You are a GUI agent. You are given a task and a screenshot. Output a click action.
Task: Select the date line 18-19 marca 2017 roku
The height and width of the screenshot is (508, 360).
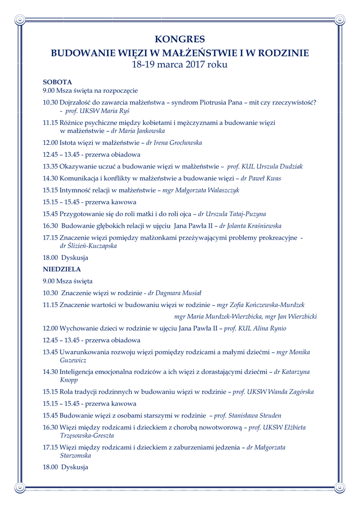(x=180, y=64)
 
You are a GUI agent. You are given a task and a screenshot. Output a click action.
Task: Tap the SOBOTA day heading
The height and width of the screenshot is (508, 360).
(x=58, y=82)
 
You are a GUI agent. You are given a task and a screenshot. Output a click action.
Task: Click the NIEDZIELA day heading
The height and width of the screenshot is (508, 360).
(x=62, y=269)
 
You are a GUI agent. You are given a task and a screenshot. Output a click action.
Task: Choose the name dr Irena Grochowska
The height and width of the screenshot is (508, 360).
(x=174, y=143)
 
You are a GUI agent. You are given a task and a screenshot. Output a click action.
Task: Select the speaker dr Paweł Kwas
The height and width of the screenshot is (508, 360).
(x=261, y=179)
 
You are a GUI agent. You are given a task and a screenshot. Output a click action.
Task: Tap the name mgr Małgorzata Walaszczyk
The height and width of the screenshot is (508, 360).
(x=201, y=190)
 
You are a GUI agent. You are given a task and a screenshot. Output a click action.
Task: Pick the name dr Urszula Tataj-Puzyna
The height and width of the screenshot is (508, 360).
(x=232, y=214)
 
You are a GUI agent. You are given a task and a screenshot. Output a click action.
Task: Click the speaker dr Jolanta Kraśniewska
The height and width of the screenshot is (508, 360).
(x=250, y=226)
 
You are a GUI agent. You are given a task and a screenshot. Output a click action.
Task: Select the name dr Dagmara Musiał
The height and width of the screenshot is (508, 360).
(x=174, y=293)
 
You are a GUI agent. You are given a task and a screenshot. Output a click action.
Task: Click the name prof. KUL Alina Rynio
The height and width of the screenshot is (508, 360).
(x=255, y=328)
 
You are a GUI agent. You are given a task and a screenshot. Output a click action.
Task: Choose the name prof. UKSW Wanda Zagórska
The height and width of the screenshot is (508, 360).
(x=273, y=392)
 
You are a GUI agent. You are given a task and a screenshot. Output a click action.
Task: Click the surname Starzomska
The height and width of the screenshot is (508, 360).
(x=75, y=455)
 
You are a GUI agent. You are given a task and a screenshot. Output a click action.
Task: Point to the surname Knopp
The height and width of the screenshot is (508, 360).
(x=69, y=380)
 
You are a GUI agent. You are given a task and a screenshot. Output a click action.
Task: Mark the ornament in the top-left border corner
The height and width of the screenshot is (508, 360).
(x=19, y=20)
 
